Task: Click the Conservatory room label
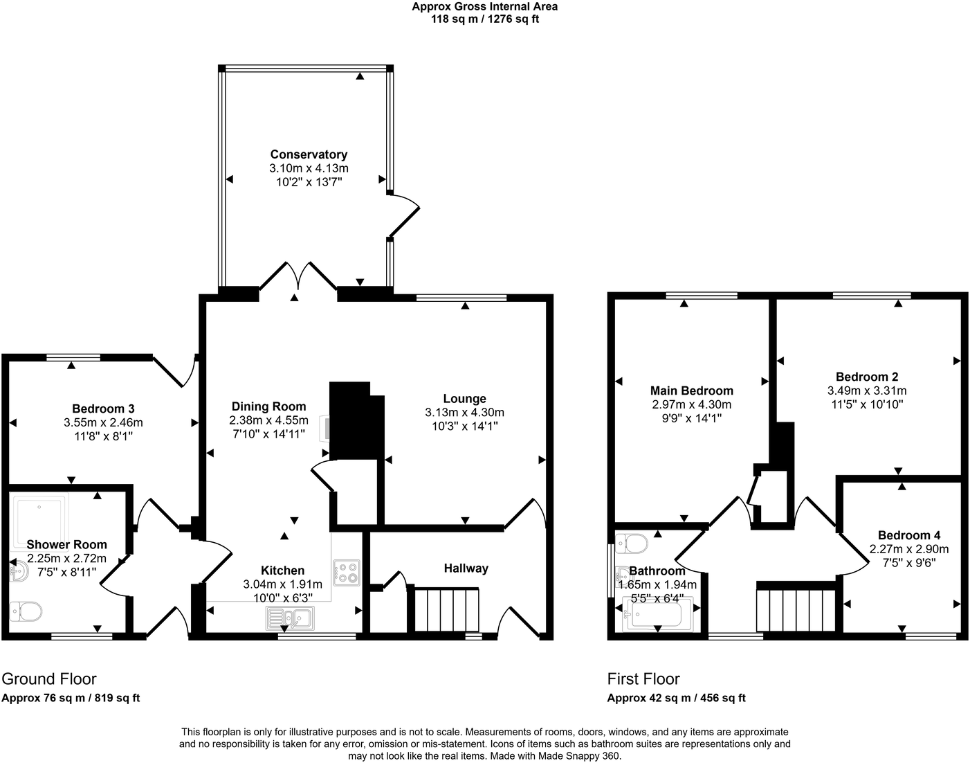pyautogui.click(x=309, y=154)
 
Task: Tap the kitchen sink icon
pyautogui.click(x=290, y=618)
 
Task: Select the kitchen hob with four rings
pyautogui.click(x=347, y=573)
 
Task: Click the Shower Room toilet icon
pyautogui.click(x=26, y=611)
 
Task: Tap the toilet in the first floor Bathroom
pyautogui.click(x=631, y=544)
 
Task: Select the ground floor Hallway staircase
pyautogui.click(x=446, y=609)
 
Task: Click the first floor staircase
pyautogui.click(x=796, y=610)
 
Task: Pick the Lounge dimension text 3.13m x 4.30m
pyautogui.click(x=464, y=413)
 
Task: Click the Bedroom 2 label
pyautogui.click(x=867, y=377)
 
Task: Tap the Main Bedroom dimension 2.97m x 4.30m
pyautogui.click(x=691, y=404)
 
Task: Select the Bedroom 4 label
pyautogui.click(x=908, y=535)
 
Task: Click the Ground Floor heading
pyautogui.click(x=49, y=679)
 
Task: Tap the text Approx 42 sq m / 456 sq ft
pyautogui.click(x=676, y=698)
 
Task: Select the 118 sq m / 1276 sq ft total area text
pyautogui.click(x=484, y=19)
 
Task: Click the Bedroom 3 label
pyautogui.click(x=103, y=409)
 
